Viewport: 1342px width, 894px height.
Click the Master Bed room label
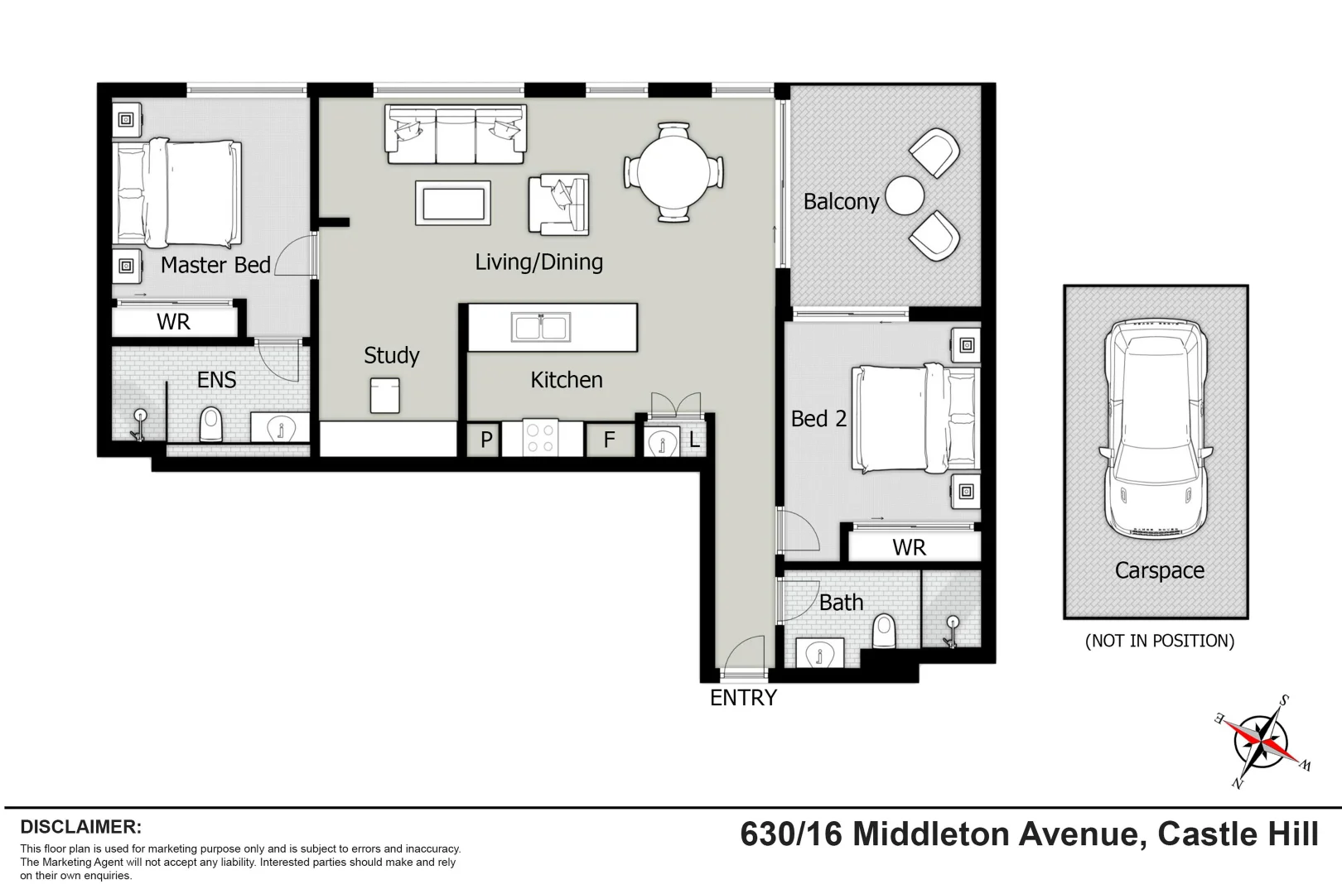click(215, 265)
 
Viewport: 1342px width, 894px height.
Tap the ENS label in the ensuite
click(216, 380)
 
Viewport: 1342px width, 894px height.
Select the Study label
click(392, 356)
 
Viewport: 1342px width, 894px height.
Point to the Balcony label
click(841, 202)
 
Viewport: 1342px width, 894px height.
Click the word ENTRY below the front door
click(743, 698)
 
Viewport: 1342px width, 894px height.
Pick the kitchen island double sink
click(540, 327)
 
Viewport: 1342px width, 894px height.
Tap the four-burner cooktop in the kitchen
click(541, 439)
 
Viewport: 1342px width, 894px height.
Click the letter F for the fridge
click(609, 440)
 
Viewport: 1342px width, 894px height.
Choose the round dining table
click(673, 173)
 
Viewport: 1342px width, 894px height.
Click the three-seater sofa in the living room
click(456, 134)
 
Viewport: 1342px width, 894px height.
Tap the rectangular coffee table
click(453, 203)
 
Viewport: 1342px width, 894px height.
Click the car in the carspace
click(1156, 428)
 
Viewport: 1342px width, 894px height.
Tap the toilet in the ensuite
click(212, 425)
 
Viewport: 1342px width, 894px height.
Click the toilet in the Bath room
click(885, 633)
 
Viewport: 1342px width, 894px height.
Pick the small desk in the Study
click(384, 396)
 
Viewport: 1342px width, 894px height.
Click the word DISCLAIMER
click(81, 827)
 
